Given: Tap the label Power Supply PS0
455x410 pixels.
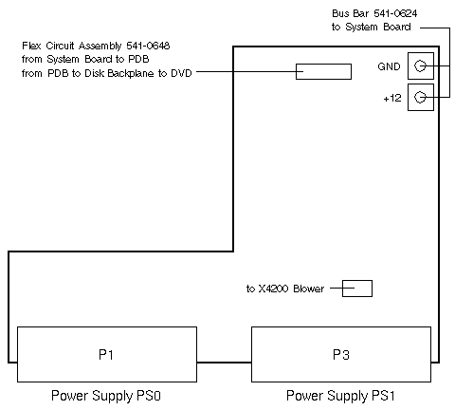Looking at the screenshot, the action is click(106, 396).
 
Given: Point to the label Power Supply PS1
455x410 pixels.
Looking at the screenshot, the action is click(340, 396).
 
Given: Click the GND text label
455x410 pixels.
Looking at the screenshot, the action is click(389, 66).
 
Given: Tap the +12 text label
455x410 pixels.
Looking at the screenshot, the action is click(392, 98).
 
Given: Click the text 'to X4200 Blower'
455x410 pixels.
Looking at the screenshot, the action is click(285, 289).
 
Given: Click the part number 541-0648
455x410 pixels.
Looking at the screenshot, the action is click(148, 46).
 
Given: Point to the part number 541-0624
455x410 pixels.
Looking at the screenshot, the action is click(395, 13).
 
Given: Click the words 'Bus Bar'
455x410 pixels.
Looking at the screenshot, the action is click(350, 13).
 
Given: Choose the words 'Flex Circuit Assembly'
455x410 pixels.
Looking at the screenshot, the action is click(71, 46).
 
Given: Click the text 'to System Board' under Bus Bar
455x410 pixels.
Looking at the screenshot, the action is click(372, 27).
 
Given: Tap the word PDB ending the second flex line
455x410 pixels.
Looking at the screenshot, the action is click(138, 59).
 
